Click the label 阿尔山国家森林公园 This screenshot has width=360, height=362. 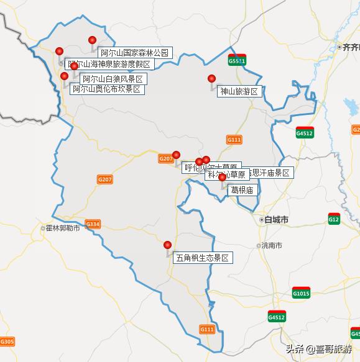tap(134, 53)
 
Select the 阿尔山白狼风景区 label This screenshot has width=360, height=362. tap(113, 79)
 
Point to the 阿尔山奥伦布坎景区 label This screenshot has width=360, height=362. tap(107, 89)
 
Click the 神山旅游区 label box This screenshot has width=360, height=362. tap(239, 91)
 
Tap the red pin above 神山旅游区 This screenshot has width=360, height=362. tap(211, 79)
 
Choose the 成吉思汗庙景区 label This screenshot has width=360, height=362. tap(267, 173)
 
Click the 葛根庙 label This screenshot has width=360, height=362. tap(242, 189)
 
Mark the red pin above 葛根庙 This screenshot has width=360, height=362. tap(222, 178)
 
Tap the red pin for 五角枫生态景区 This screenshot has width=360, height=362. tap(167, 245)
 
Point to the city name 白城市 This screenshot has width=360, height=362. tap(276, 220)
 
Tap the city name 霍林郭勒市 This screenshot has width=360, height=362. tap(63, 228)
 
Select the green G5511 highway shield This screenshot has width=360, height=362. tap(236, 61)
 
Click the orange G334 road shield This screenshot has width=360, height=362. tap(93, 224)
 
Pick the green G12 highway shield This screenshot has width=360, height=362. tap(334, 219)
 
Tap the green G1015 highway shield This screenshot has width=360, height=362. tap(300, 293)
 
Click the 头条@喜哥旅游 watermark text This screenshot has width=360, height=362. tap(318, 349)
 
